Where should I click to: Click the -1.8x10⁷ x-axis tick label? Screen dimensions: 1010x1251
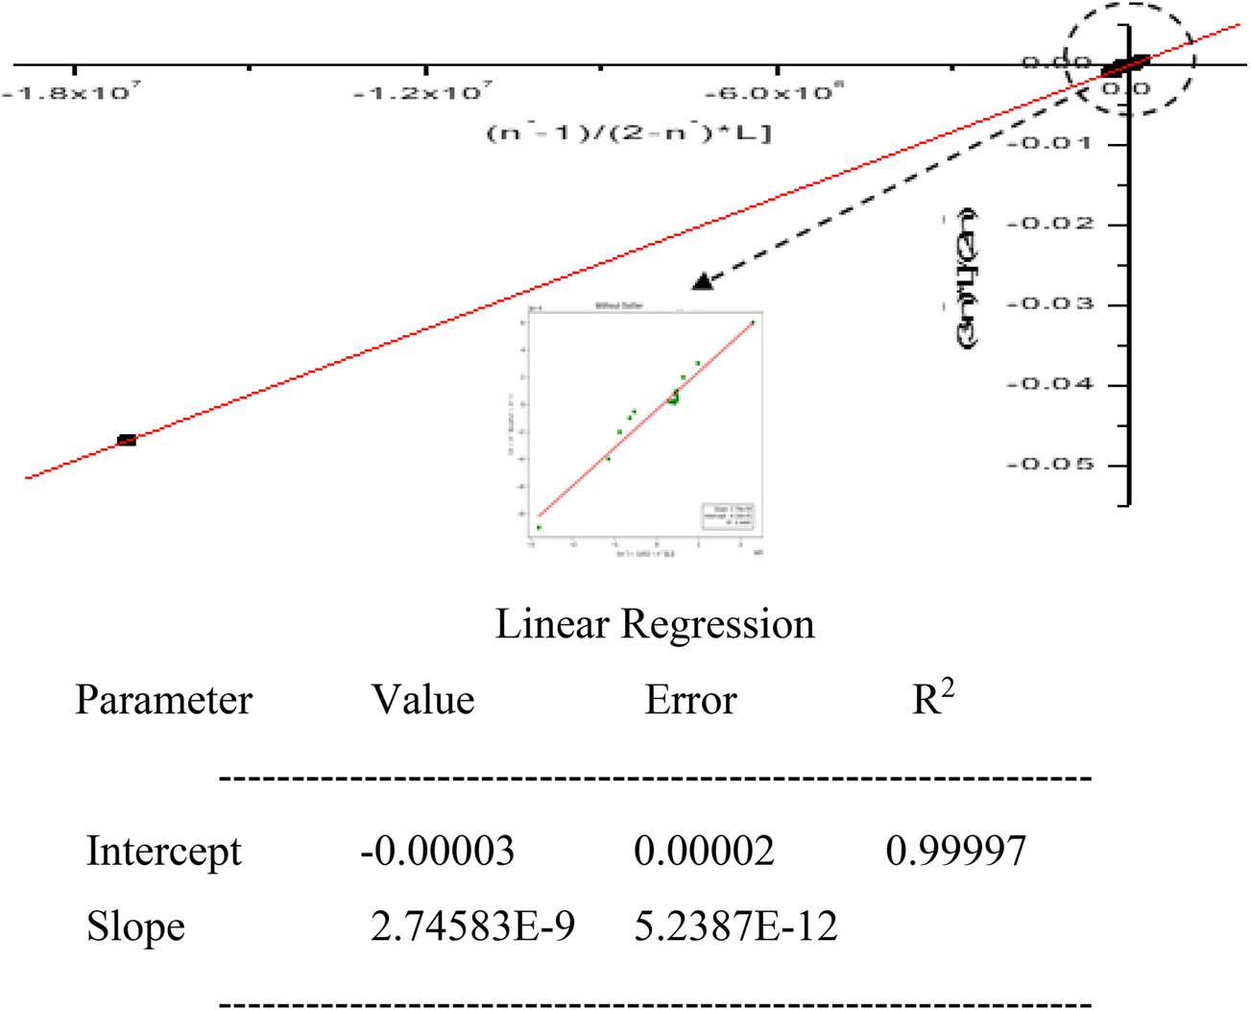pos(71,93)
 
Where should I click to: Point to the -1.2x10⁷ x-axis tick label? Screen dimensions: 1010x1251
pos(422,93)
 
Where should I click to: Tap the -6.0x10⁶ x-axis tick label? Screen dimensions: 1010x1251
pos(774,93)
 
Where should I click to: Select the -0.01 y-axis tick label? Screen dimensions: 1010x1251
pos(1049,144)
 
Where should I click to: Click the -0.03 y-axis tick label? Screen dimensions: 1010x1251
pos(1049,304)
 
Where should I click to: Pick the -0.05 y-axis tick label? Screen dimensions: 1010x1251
pos(1049,465)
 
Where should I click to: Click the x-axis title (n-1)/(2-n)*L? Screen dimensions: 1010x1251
pos(629,132)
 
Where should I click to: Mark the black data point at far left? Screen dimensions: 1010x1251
pos(127,440)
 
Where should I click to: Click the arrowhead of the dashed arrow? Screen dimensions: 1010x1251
pos(703,281)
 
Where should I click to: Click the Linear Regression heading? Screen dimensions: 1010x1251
pos(655,624)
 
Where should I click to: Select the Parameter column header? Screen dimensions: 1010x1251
pos(163,700)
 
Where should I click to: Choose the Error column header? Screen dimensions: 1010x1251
pos(690,700)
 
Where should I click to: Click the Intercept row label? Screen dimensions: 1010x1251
pos(163,852)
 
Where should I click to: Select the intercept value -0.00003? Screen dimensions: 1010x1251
pos(437,852)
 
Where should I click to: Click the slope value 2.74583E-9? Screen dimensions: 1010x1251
pos(472,926)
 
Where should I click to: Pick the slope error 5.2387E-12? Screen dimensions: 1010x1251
pos(735,926)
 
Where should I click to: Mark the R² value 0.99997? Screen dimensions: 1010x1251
pos(955,852)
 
